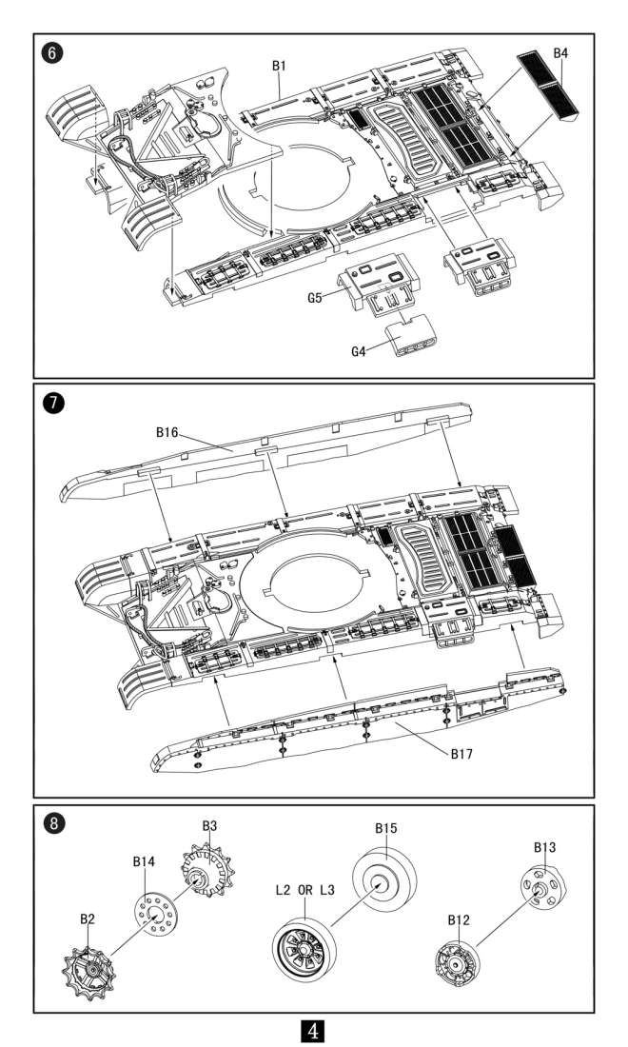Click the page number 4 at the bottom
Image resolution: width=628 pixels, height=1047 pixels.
tap(314, 1030)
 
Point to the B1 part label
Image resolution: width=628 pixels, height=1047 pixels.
tap(280, 66)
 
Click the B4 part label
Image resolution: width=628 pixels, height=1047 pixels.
tap(560, 53)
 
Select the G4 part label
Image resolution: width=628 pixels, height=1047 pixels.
tap(358, 351)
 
